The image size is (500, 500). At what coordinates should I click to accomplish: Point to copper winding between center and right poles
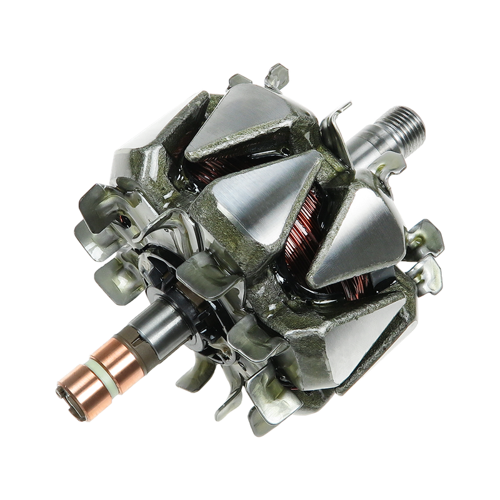coord(301,244)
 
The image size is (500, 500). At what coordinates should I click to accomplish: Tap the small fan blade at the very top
coord(277,76)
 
